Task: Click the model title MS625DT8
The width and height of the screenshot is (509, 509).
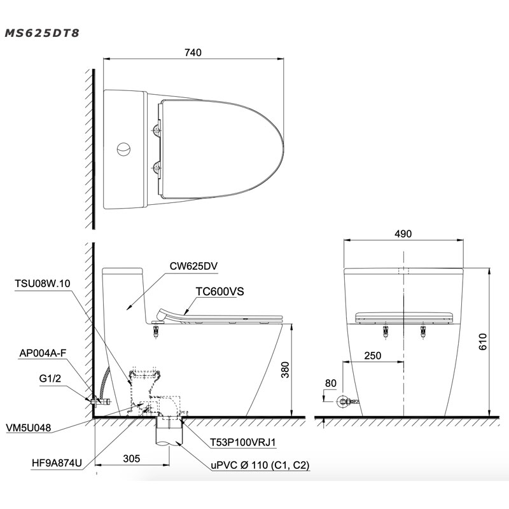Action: click(42, 33)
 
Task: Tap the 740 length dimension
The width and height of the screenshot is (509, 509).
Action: click(193, 52)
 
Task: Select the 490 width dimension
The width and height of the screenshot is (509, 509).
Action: click(403, 234)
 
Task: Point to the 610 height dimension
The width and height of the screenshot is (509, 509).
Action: click(483, 342)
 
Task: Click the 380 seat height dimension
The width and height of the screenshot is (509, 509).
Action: click(285, 370)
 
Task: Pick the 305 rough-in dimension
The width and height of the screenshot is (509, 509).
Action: click(132, 458)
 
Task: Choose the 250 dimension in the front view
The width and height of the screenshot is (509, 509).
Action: click(372, 356)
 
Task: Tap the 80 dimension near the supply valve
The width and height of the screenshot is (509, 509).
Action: click(331, 383)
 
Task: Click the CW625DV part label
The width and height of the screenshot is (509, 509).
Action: click(193, 266)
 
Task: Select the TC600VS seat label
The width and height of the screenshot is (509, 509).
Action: click(220, 291)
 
